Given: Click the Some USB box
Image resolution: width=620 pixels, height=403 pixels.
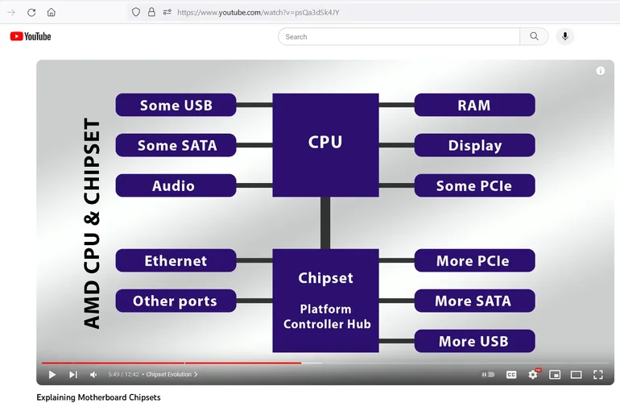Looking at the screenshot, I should coord(176,106).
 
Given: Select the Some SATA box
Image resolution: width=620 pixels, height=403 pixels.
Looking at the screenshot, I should coord(176,146).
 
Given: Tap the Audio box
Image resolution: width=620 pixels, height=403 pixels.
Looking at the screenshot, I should coord(176,186).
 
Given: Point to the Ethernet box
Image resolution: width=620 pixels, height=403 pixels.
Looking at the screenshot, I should coord(176,261).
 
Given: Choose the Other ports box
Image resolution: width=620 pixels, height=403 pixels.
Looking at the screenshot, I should coord(176,301).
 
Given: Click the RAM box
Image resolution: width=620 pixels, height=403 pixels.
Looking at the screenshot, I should coord(474,106).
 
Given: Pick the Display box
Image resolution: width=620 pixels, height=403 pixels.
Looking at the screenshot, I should coord(474,146).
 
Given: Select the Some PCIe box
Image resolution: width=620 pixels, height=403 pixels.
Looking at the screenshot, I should coord(474,186).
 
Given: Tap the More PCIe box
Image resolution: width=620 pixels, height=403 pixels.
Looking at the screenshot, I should coord(474,261).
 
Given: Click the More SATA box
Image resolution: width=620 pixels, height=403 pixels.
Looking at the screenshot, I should coord(474,301).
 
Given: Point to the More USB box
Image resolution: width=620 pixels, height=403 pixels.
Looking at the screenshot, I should coord(474,342).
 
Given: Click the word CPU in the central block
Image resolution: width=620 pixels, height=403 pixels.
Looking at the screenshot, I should coord(325,143).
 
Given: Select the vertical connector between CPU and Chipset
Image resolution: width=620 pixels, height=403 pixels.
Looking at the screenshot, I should coord(325,223).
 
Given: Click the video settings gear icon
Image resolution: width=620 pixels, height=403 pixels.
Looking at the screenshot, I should coord(533,375).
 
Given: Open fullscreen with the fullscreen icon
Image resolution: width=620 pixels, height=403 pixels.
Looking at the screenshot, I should coord(598,375).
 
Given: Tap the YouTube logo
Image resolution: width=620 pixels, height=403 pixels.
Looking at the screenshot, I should coord(31,36).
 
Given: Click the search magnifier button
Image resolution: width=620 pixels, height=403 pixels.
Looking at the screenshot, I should coord(535,36).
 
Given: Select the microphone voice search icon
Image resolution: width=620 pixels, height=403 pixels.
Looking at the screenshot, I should coord(565,36).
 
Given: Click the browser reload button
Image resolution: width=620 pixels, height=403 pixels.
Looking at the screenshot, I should coord(31,12).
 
